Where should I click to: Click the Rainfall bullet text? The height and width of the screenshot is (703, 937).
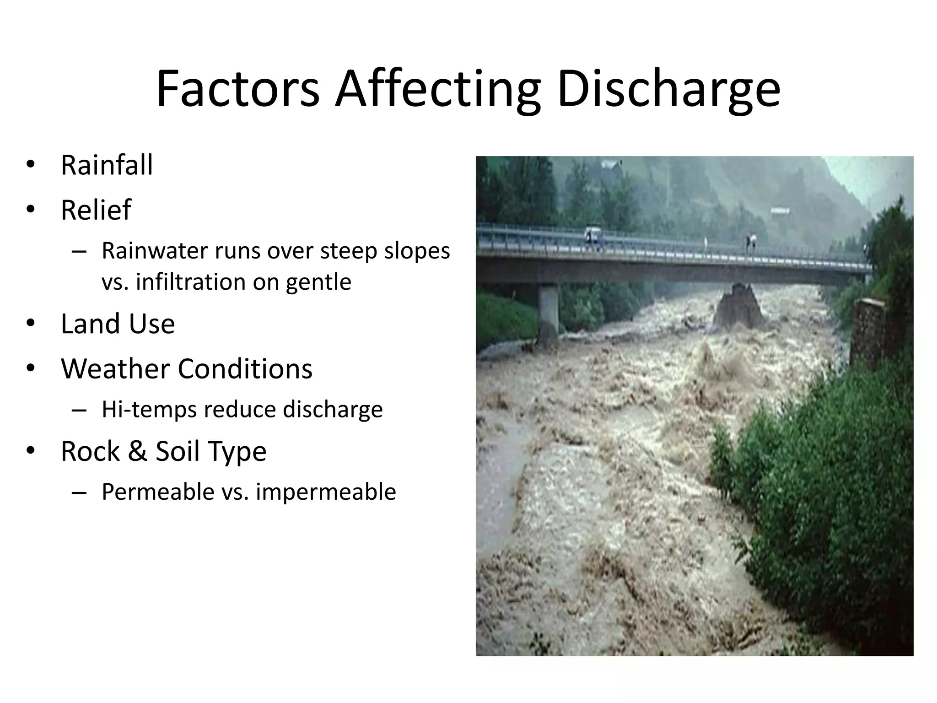107,165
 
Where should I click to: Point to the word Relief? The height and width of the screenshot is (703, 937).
96,210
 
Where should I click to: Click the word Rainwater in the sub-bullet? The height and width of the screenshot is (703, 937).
154,251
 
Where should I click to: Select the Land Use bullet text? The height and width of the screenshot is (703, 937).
118,324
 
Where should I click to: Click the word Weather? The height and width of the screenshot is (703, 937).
115,369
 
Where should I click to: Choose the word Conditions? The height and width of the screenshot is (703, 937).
245,369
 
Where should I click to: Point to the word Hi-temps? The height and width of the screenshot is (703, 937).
149,410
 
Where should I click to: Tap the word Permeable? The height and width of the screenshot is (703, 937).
158,492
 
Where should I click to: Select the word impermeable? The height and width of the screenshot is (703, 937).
326,492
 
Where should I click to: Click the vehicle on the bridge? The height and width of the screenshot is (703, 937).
592,235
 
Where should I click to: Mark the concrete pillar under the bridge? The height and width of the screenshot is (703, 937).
548,311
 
